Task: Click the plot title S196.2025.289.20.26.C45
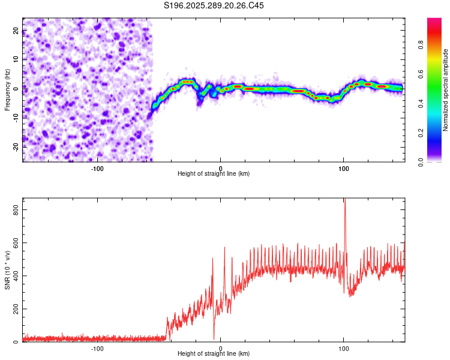coord(214,6)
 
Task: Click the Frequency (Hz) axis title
coord(8,89)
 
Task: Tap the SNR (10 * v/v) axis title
coord(8,269)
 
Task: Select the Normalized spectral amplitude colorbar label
coord(445,90)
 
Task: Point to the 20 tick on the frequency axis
coord(15,31)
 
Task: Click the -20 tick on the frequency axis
coord(15,147)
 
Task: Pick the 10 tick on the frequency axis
coord(15,59)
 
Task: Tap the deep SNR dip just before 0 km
coord(214,338)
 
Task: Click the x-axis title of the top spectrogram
coord(214,174)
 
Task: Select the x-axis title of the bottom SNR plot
coord(214,354)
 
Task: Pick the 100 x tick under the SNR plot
coord(344,349)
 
